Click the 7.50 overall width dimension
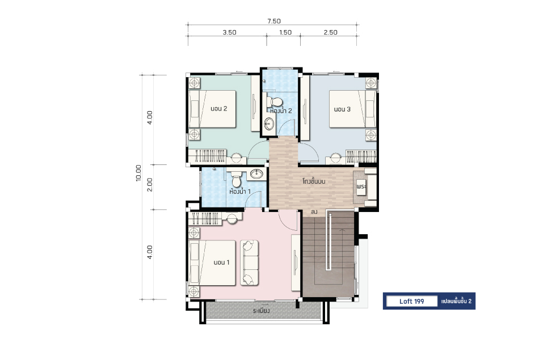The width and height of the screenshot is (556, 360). (273, 22)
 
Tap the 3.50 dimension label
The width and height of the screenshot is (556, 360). (229, 32)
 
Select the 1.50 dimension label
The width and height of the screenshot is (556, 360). (285, 32)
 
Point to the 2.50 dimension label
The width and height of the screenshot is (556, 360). (330, 32)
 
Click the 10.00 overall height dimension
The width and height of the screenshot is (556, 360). (138, 173)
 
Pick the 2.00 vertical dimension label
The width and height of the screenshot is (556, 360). (150, 185)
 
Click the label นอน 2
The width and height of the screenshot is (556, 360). (218, 109)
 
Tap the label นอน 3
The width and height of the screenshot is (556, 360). (342, 109)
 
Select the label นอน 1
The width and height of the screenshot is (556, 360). (222, 262)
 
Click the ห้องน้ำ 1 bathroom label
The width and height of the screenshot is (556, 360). (240, 192)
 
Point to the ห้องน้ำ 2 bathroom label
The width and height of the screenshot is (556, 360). (281, 111)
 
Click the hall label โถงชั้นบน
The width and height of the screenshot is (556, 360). (314, 181)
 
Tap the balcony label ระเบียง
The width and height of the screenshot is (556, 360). (262, 311)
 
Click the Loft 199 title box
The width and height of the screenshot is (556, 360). (412, 301)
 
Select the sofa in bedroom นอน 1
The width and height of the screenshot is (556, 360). (249, 262)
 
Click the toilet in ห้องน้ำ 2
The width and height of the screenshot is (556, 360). (273, 100)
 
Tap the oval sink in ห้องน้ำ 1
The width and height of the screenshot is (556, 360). (256, 173)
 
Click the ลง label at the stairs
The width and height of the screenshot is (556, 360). (314, 212)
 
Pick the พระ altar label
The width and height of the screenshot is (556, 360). (361, 187)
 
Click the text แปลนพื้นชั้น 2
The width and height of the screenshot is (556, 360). (456, 301)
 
